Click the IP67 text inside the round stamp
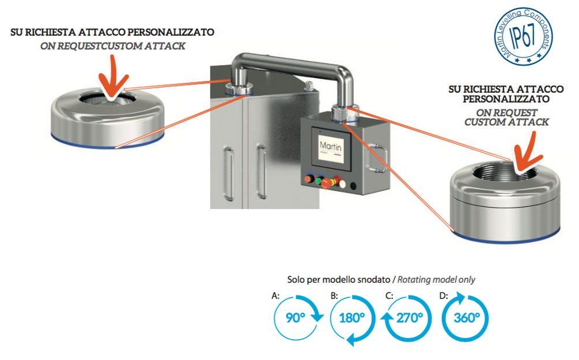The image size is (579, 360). [x=524, y=36]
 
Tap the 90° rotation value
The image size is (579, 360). [x=296, y=317]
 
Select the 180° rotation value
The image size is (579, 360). [x=351, y=317]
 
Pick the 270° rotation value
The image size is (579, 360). [x=409, y=317]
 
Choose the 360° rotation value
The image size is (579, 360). [x=467, y=317]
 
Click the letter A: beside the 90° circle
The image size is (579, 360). [x=275, y=295]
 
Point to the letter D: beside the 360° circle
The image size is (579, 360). [x=444, y=295]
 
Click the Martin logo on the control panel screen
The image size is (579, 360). [x=331, y=146]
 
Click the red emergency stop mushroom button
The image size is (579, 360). [x=327, y=183]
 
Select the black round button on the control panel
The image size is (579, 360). [x=353, y=186]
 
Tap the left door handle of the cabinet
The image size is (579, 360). [x=229, y=173]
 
